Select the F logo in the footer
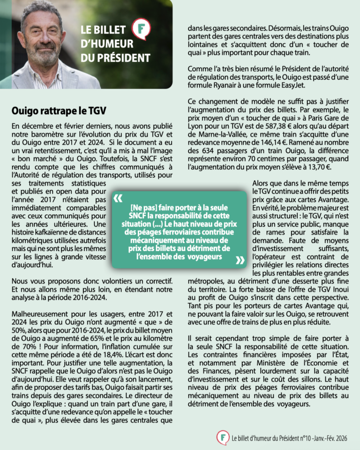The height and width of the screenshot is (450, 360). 222,438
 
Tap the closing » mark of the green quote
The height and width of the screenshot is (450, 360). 240,260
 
